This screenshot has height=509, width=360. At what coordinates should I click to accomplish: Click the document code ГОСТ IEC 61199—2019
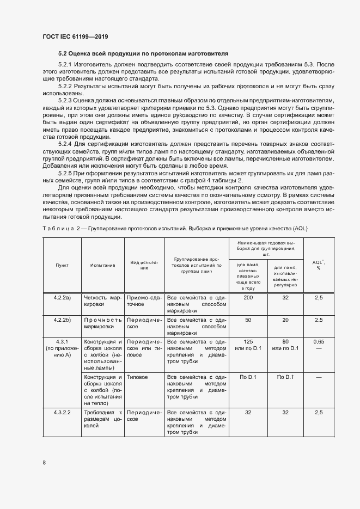point(75,36)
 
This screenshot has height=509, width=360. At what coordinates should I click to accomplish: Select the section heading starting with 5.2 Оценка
point(143,53)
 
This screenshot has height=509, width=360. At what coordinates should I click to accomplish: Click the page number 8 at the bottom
point(44,463)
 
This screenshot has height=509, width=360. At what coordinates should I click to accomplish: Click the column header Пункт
point(62,265)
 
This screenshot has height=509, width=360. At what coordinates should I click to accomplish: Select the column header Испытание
point(103,265)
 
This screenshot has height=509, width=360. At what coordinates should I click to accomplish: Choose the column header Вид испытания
point(144,265)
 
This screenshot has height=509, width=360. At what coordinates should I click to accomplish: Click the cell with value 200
point(248,298)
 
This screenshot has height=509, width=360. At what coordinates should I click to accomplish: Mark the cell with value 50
point(248,320)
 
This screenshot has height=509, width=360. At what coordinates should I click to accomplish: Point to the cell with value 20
point(285,320)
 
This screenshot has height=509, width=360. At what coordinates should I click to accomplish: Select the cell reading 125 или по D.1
point(248,345)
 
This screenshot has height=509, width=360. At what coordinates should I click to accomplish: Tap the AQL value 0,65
point(319,341)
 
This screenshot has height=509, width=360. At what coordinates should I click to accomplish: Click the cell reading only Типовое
point(137,377)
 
